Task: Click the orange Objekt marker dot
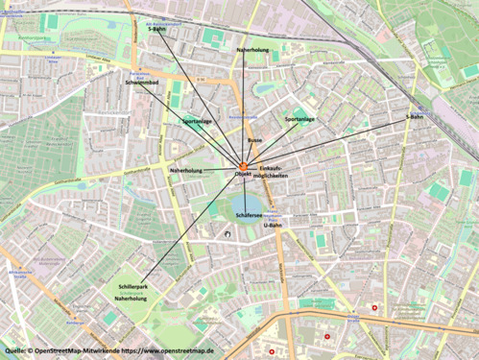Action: pos(243,166)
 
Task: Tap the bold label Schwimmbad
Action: pos(143,84)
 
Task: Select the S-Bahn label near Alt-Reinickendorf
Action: pos(156,30)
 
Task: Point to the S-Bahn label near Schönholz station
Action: pos(416,116)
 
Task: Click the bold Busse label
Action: pos(254,140)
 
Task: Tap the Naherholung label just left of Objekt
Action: pos(186,170)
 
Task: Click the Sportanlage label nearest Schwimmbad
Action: pos(197,122)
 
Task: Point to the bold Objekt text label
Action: pos(243,175)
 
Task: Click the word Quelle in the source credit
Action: pos(16,351)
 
